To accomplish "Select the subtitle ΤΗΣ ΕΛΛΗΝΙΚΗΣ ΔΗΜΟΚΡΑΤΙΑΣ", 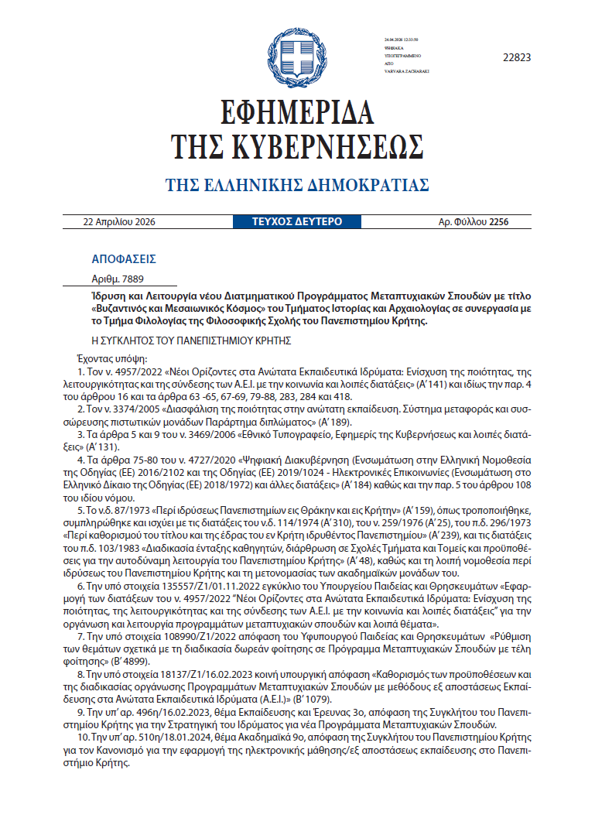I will (x=297, y=185).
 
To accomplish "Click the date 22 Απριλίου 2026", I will (x=119, y=222).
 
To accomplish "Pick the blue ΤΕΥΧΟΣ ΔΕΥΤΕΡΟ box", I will (x=297, y=222).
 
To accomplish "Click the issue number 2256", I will (x=499, y=222).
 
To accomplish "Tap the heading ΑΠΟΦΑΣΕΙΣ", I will (x=124, y=259).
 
